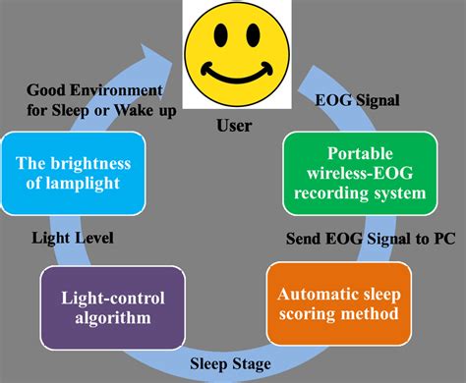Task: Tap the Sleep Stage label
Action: (233, 363)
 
